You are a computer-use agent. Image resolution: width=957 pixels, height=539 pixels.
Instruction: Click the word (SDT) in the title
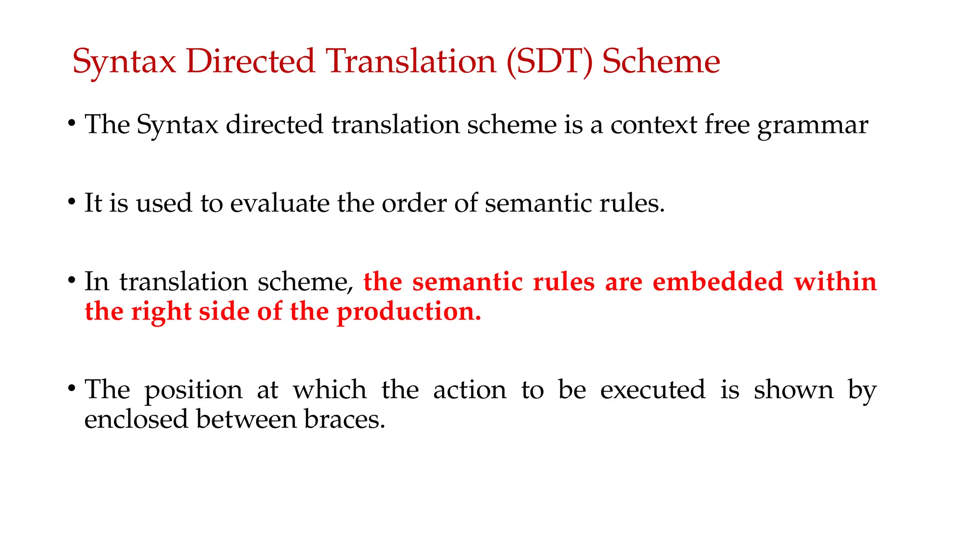pyautogui.click(x=550, y=62)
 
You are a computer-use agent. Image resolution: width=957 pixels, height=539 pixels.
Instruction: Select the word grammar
pyautogui.click(x=813, y=125)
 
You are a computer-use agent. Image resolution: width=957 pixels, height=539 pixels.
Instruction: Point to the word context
pyautogui.click(x=654, y=125)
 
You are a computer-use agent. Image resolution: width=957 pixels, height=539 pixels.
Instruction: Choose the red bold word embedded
pyautogui.click(x=718, y=282)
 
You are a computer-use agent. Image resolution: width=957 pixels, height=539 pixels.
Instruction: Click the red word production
pyautogui.click(x=409, y=313)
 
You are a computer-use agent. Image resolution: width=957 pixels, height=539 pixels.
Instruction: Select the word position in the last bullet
pyautogui.click(x=193, y=391)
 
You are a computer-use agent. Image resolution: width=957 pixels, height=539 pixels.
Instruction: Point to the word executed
pyautogui.click(x=653, y=390)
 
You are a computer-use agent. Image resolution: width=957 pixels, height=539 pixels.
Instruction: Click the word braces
pyautogui.click(x=344, y=419)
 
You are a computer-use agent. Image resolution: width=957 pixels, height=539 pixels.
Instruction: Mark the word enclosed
pyautogui.click(x=136, y=419)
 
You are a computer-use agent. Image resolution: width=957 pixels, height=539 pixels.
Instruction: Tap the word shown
pyautogui.click(x=793, y=390)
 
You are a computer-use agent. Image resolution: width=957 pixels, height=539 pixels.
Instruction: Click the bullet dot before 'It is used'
pyautogui.click(x=71, y=203)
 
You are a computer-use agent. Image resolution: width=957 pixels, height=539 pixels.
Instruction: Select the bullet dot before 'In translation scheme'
pyautogui.click(x=71, y=281)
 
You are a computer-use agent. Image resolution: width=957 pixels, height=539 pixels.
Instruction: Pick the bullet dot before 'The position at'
pyautogui.click(x=71, y=389)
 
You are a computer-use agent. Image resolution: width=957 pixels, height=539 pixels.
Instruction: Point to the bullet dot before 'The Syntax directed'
pyautogui.click(x=71, y=124)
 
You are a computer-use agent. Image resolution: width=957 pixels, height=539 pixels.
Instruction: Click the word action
pyautogui.click(x=470, y=390)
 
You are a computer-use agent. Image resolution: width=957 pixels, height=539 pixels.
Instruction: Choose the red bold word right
pyautogui.click(x=161, y=313)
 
